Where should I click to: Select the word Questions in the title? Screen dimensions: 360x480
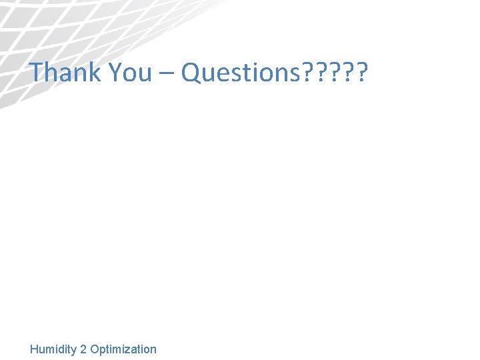click(x=240, y=72)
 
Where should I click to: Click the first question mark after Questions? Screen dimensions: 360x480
click(x=307, y=72)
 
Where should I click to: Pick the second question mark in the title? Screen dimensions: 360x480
click(x=320, y=72)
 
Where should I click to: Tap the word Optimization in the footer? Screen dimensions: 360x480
click(x=123, y=349)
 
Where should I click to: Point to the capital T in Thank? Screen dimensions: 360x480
click(x=37, y=72)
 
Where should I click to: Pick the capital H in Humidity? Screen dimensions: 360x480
click(x=34, y=349)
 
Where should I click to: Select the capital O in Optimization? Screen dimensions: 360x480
click(x=94, y=349)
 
